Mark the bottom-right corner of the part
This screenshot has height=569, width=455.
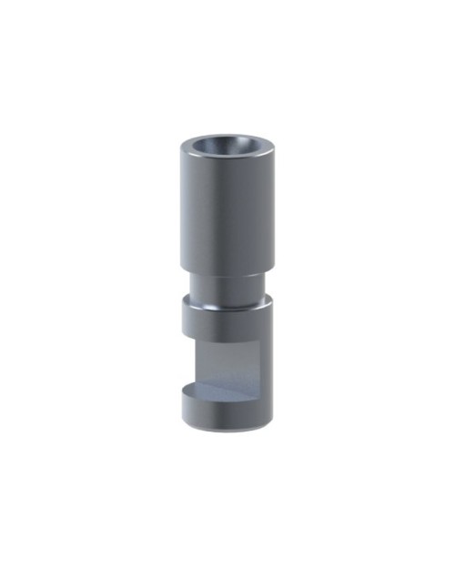pyautogui.click(x=269, y=420)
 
